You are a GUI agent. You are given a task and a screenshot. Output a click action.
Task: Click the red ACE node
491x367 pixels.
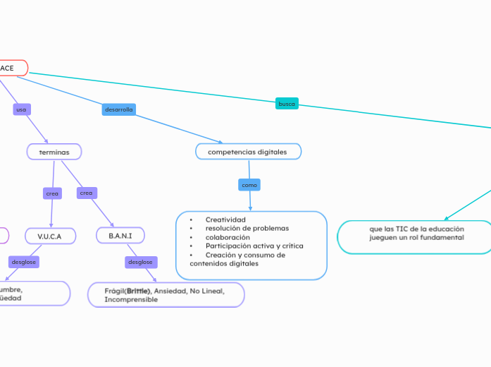11,68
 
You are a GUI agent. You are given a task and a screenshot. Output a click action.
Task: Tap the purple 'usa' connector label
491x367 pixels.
21,109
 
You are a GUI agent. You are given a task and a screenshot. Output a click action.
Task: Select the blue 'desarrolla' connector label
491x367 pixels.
118,109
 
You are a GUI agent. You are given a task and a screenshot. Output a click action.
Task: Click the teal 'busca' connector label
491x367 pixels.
287,104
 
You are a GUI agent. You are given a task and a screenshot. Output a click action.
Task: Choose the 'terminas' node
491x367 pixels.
54,152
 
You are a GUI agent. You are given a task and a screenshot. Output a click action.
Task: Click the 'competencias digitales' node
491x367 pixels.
247,152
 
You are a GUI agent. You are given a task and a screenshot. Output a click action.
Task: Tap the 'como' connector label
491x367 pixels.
249,185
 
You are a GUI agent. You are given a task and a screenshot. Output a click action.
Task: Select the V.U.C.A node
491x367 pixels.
50,235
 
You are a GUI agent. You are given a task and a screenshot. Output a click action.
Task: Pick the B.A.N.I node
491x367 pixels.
120,234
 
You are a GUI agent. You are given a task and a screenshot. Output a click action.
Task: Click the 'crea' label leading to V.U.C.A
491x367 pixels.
52,193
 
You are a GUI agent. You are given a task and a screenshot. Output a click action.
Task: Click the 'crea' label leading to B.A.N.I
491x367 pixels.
86,193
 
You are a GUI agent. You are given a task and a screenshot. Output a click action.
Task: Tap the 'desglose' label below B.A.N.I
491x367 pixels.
139,262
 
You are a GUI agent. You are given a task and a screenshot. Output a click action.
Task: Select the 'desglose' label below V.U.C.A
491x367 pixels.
23,262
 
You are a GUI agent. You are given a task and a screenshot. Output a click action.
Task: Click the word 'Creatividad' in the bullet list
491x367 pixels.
225,219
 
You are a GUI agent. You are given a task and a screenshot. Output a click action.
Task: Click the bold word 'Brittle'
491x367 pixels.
139,291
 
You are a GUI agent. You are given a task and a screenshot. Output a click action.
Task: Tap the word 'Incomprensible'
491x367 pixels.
131,300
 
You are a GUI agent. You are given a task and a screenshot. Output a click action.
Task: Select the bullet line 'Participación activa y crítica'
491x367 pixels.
254,246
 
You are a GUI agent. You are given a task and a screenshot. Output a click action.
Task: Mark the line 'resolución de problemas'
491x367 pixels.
247,229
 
